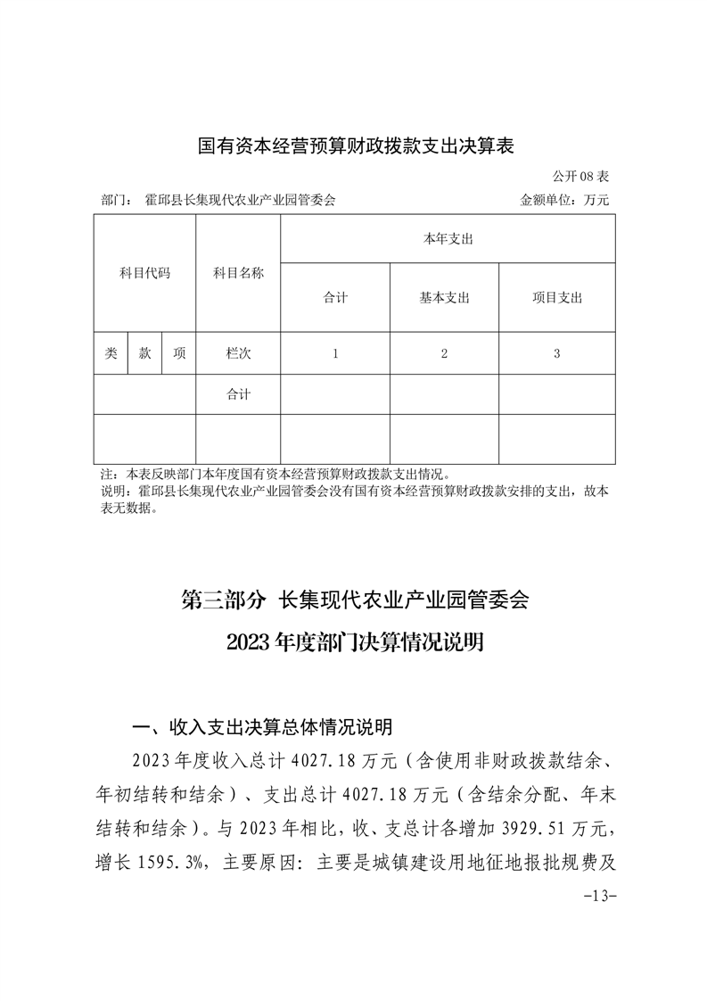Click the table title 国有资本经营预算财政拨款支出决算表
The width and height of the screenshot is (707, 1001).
pos(356,145)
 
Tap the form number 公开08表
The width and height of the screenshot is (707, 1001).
pos(580,178)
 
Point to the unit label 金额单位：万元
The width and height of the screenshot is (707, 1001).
pos(564,201)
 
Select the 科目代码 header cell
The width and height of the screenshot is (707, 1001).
pos(144,273)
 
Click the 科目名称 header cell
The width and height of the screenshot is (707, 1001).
pos(238,273)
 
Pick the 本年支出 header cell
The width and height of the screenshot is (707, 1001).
pos(448,239)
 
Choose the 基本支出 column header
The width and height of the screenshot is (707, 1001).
pos(444,298)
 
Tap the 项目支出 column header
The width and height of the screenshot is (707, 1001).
pos(556,298)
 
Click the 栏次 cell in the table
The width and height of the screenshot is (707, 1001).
pos(238,353)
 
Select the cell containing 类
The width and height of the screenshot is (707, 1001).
pos(111,353)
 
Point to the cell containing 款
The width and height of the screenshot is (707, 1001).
pos(144,353)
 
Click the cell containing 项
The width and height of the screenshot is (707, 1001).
pos(179,353)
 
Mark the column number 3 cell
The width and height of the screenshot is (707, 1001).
pos(556,353)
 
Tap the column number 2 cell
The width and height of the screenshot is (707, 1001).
pos(444,353)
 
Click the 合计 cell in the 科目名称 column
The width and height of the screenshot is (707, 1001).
pos(238,394)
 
